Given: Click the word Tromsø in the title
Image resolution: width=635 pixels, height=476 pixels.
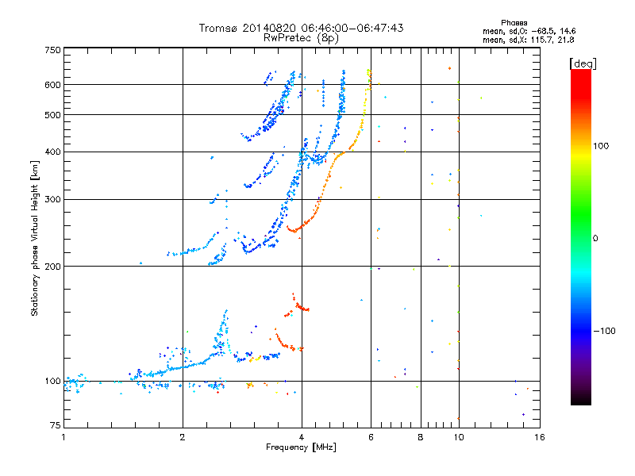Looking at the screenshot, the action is click(219, 28).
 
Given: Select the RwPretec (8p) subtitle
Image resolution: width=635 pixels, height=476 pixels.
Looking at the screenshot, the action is click(301, 38).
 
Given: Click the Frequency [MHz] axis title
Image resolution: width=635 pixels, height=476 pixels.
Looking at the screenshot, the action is click(301, 447).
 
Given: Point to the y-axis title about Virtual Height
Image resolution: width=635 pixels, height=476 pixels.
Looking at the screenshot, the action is click(35, 238).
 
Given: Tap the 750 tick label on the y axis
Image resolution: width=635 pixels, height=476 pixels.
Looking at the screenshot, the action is click(53, 50).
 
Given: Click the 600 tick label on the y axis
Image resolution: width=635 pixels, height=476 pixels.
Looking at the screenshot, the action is click(53, 85).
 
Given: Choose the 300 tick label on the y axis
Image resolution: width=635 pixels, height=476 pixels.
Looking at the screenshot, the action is click(53, 199).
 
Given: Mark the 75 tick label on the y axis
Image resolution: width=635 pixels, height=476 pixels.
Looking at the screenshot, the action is click(56, 424).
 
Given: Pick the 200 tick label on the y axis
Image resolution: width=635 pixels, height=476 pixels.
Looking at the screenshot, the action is click(53, 266).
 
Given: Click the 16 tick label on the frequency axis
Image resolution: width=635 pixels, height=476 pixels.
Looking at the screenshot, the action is click(540, 437).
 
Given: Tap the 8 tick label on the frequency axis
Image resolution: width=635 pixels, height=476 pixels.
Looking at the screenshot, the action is click(421, 437).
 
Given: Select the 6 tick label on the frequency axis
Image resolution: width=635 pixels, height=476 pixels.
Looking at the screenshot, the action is click(371, 437).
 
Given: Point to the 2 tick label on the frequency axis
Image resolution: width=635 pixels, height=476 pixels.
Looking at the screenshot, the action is click(183, 437).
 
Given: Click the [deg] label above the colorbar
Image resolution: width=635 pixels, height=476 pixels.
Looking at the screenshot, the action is click(583, 63).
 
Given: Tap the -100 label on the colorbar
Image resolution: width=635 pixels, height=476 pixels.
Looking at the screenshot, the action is click(604, 331).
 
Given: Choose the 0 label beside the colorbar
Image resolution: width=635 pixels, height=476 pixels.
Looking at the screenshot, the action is click(595, 238).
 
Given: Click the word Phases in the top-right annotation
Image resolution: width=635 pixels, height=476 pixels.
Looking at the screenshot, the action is click(514, 23).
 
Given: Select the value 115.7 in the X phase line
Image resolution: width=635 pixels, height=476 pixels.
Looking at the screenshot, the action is click(542, 40).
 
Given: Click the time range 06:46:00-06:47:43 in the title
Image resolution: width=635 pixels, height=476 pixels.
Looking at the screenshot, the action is click(352, 28).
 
